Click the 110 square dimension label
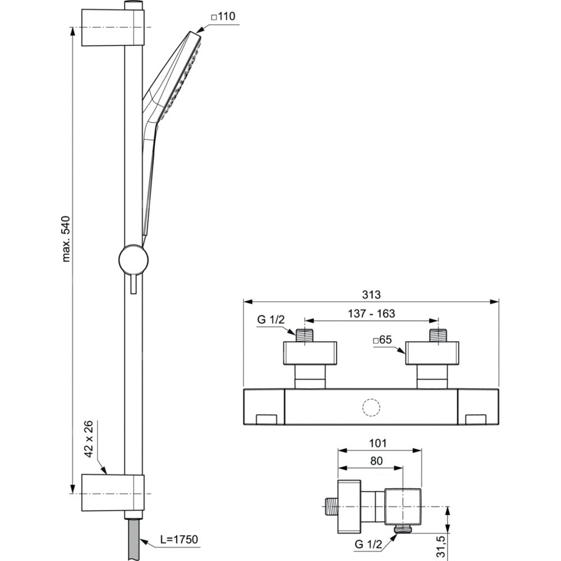[223, 16]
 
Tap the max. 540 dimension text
[66, 239]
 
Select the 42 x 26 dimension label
[89, 439]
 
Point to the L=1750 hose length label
[179, 539]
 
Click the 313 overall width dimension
[371, 295]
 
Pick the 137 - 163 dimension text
[371, 314]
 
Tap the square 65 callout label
[383, 339]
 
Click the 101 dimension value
[378, 443]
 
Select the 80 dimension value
[376, 461]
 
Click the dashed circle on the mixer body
[371, 407]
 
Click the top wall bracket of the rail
[113, 27]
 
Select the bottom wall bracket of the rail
[113, 493]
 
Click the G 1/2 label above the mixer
[271, 319]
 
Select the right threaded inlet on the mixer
[439, 335]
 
